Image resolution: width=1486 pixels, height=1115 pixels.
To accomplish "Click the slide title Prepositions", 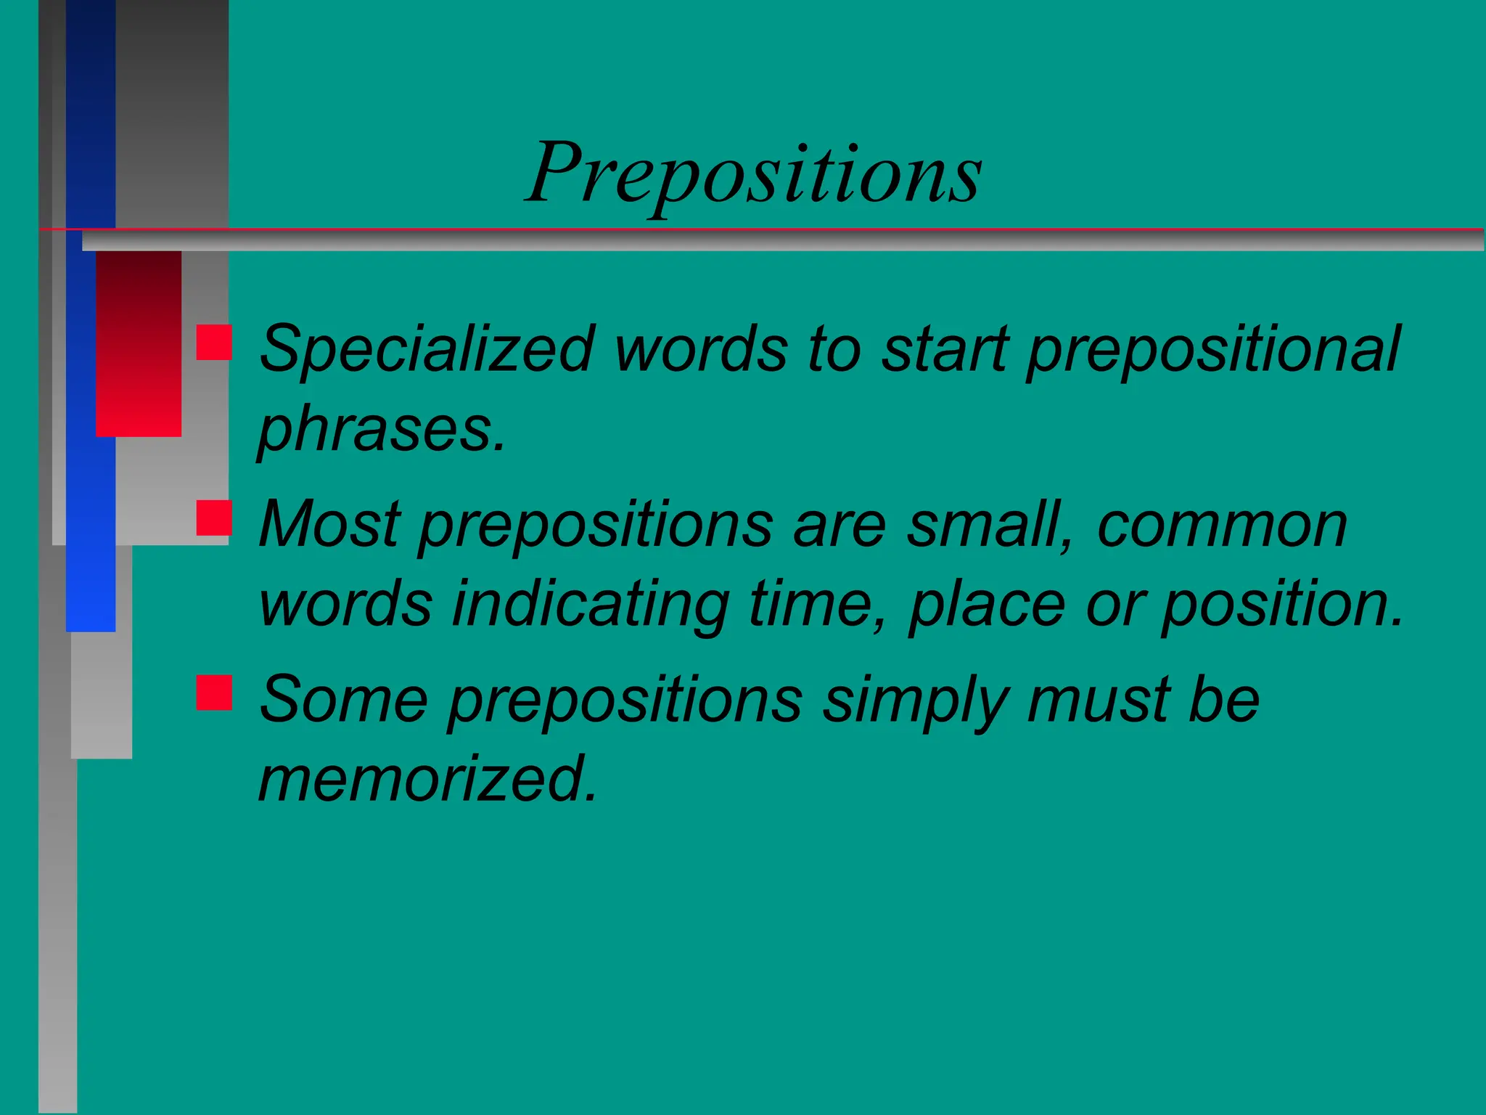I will point(755,174).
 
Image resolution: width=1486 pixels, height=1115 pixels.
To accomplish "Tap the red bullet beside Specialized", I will point(214,343).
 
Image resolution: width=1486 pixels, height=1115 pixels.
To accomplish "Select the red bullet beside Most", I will point(214,518).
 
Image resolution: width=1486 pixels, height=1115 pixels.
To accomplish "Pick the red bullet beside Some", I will point(214,692).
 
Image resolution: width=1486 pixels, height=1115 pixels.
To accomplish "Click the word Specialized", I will point(427,350).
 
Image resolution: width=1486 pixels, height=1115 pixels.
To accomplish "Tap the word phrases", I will point(380,430).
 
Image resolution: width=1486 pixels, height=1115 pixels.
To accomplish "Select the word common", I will point(1222,526).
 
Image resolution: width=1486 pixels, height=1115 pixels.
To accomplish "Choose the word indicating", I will point(591,605).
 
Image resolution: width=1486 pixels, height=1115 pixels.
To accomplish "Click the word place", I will point(987,605).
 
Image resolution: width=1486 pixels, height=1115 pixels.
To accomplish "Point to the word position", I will point(1281,605).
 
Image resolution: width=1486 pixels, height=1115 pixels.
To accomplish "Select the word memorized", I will point(428,778).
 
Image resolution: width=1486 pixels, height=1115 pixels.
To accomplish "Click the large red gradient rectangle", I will point(139,343).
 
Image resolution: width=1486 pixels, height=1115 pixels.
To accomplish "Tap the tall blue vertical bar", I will point(91,436).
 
